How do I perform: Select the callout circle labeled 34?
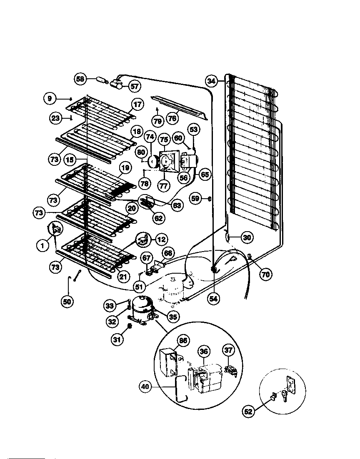pos(212,81)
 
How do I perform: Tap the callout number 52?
pos(248,412)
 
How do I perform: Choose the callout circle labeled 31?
pos(117,340)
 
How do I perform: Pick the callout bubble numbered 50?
pos(67,302)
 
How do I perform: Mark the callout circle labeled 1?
pos(42,246)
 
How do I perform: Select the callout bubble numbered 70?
pos(265,274)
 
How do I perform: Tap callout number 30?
pos(247,238)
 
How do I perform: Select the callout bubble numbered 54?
pos(214,298)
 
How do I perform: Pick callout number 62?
pos(159,217)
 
